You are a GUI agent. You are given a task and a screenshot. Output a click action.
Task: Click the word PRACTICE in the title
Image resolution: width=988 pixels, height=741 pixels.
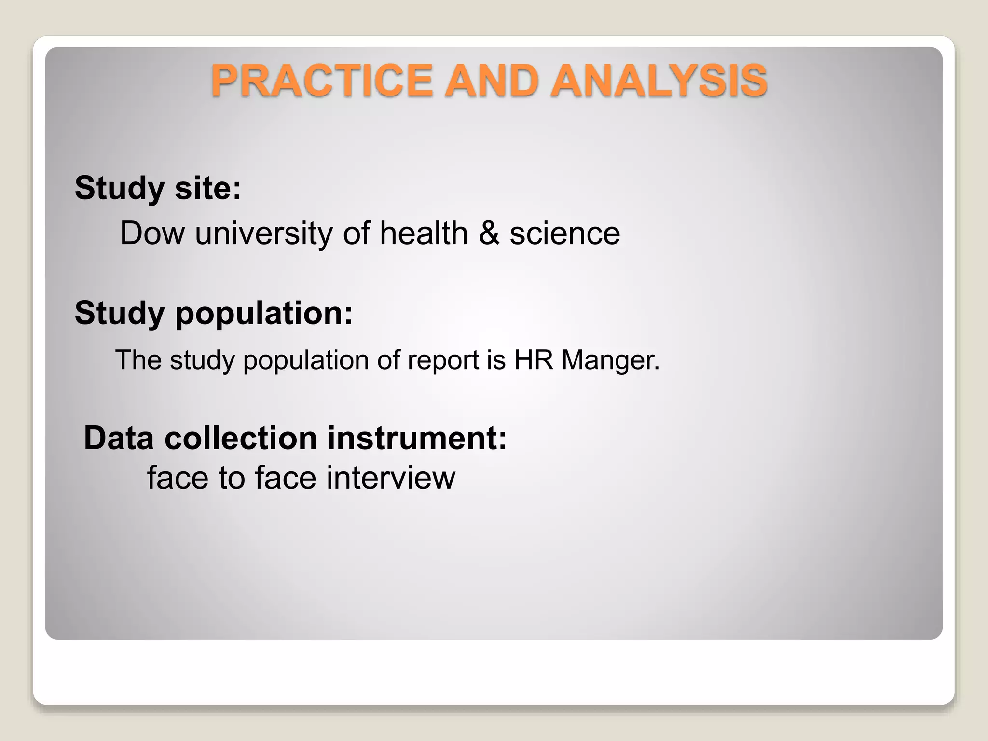(321, 81)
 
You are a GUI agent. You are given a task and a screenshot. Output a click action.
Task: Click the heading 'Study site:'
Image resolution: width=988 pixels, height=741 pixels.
(158, 188)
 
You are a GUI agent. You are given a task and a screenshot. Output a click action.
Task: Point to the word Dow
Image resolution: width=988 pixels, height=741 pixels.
(152, 233)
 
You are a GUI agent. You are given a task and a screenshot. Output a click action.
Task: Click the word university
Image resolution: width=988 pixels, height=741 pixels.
(264, 233)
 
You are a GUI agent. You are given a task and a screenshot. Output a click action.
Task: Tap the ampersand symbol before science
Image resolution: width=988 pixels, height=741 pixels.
(489, 233)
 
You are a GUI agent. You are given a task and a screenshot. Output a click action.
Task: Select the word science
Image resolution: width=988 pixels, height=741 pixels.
(565, 233)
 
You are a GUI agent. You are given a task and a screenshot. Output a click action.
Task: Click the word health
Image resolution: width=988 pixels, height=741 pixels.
(424, 233)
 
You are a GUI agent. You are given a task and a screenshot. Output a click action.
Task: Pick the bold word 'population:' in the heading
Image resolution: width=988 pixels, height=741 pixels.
(264, 314)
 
